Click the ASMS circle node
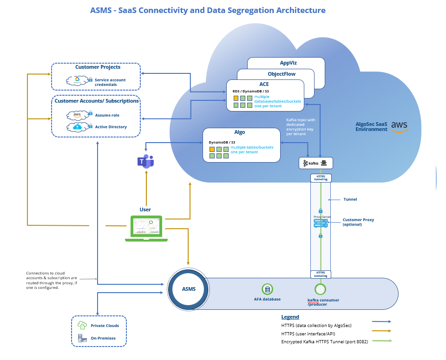(x=189, y=289)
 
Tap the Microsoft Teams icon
(x=145, y=161)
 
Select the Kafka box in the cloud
(x=316, y=163)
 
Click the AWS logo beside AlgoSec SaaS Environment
(x=399, y=126)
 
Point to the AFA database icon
(x=267, y=289)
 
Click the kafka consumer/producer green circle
(x=320, y=289)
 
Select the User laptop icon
(x=146, y=228)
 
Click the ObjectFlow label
(x=282, y=74)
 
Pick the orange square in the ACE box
(x=236, y=98)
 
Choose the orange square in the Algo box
(x=212, y=149)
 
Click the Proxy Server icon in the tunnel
(x=321, y=223)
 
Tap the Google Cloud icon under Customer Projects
(x=77, y=80)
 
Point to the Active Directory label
(x=111, y=126)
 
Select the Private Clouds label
(x=105, y=326)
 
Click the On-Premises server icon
(x=82, y=338)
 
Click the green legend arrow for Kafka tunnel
(x=381, y=341)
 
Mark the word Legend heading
(x=290, y=317)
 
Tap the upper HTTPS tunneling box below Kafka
(x=321, y=178)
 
